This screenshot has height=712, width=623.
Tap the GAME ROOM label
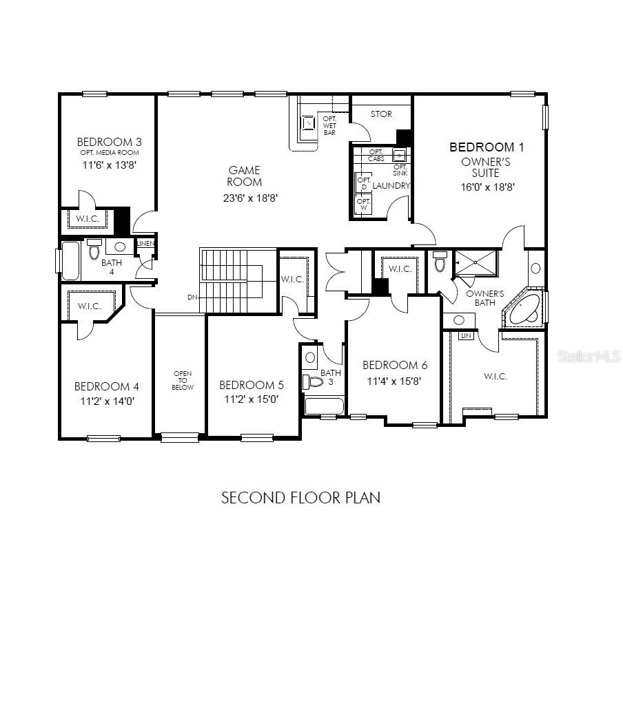tap(245, 176)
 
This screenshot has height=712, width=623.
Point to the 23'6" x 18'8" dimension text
tap(245, 198)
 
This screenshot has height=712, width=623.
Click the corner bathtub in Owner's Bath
tap(526, 310)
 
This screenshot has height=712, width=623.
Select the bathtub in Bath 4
tap(70, 260)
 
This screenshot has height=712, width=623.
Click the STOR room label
tap(381, 114)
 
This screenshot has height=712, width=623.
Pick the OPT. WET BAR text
tap(329, 125)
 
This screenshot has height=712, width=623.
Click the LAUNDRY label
tap(391, 186)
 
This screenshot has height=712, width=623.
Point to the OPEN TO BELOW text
tap(183, 380)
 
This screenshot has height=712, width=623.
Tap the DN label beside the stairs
tap(192, 297)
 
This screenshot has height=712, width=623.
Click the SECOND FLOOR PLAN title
tap(300, 497)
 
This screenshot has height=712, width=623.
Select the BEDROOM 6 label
tap(390, 365)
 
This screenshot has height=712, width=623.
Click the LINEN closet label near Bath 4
tap(145, 244)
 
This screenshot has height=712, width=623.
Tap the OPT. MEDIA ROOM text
tap(109, 153)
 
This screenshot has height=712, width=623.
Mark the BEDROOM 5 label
tap(251, 386)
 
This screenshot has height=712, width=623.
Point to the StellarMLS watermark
tap(589, 356)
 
